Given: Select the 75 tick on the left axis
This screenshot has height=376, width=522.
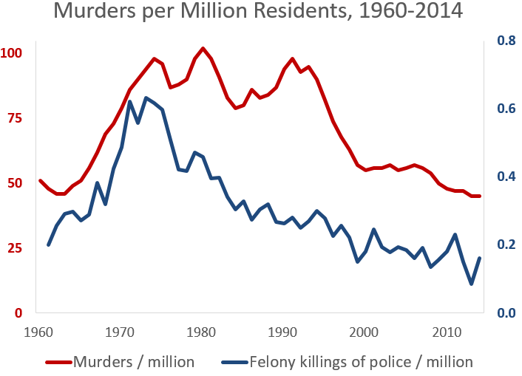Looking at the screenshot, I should [13, 118].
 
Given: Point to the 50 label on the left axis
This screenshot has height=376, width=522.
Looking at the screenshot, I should [13, 183].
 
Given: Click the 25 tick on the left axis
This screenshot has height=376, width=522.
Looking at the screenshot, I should [13, 248].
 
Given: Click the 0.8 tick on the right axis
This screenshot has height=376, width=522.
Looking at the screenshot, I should [506, 40].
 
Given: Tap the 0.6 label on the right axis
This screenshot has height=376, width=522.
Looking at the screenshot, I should [506, 109].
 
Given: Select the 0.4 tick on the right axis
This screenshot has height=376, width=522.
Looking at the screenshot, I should [506, 177].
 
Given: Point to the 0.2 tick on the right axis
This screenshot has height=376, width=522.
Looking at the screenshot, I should [506, 245].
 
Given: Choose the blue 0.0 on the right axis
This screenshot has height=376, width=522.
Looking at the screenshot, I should [506, 313].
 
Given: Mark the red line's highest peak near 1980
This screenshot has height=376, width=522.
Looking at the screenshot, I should [203, 48].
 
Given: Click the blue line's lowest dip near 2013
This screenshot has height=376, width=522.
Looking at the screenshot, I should [471, 284].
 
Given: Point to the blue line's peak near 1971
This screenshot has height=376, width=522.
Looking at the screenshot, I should [129, 101].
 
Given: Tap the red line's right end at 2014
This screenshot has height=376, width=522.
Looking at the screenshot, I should [479, 196].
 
